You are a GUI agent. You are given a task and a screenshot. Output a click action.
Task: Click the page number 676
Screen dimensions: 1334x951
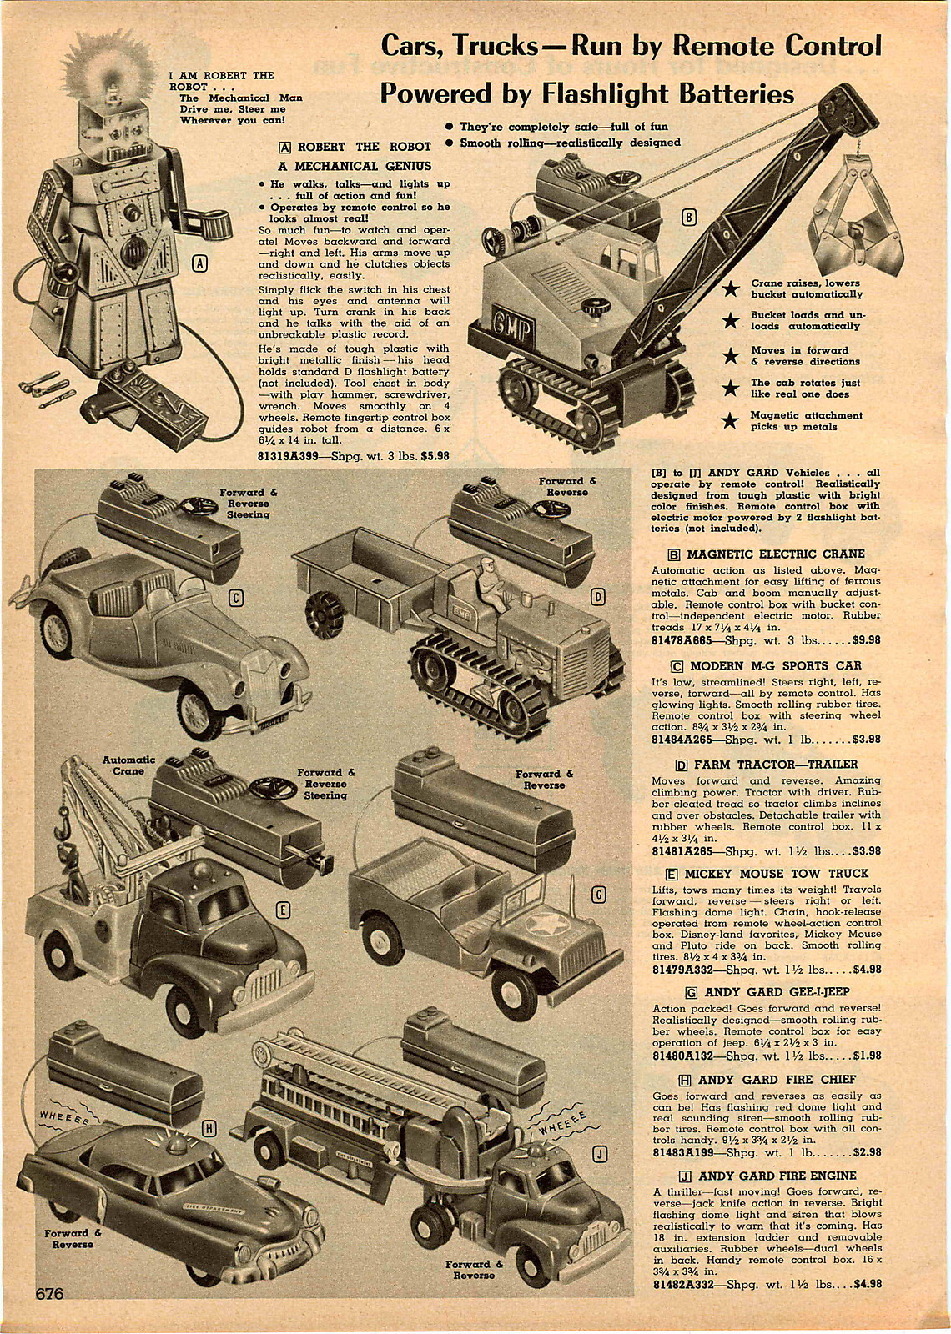pos(49,1293)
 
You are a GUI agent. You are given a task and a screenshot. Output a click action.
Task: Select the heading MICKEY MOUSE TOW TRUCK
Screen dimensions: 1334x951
pos(777,874)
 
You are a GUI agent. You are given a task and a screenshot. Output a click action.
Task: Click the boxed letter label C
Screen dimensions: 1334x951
pos(236,597)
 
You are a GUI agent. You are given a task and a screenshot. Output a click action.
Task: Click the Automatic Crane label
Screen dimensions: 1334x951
pos(128,765)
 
